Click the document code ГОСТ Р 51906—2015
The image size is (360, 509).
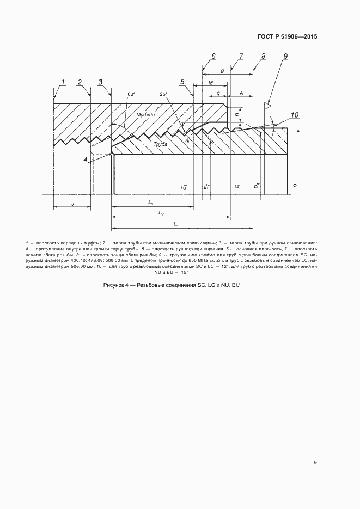click(286, 37)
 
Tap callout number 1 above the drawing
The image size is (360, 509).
click(63, 82)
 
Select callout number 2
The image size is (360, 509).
click(80, 82)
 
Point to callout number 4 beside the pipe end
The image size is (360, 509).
click(86, 160)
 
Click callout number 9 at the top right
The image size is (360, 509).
click(285, 56)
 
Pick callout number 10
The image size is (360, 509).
click(294, 115)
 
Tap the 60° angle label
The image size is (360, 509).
click(131, 94)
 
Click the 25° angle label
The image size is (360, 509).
click(163, 94)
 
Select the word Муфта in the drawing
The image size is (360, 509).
click(145, 115)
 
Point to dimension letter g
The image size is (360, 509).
click(222, 71)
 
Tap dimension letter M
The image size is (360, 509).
click(210, 83)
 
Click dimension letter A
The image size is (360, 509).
click(241, 93)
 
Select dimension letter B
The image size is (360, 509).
click(237, 115)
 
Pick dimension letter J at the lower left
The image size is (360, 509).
click(72, 204)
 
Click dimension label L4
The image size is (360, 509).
click(176, 224)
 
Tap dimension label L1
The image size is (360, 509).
click(151, 203)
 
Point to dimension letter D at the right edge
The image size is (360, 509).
click(295, 186)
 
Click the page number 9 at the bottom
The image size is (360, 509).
click(315, 463)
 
